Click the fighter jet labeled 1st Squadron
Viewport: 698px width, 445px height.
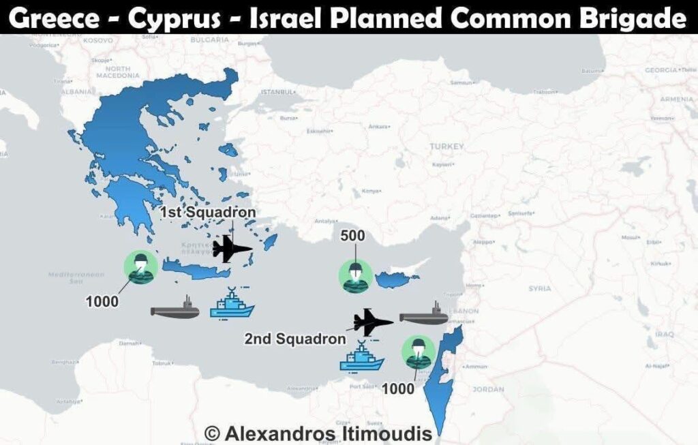[230, 249]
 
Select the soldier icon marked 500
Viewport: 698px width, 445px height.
[355, 275]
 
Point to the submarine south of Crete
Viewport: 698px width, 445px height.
[175, 311]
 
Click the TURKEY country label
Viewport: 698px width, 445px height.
[446, 147]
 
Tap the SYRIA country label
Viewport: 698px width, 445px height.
[539, 289]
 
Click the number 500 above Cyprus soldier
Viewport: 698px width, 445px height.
[352, 236]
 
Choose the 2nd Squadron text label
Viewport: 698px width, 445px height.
[295, 339]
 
